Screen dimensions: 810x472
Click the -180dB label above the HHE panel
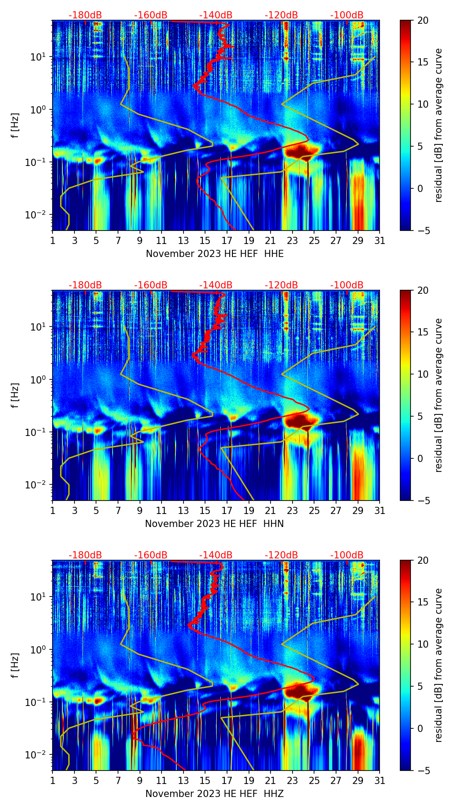[85, 15]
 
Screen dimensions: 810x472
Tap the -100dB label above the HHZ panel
[347, 555]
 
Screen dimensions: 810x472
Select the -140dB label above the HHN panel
[216, 285]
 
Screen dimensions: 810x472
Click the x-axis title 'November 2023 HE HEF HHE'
[214, 254]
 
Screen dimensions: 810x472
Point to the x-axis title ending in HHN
[214, 524]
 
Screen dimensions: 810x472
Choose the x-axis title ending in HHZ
[214, 794]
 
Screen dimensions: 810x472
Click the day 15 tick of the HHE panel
[205, 240]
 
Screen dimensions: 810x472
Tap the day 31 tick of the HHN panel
[380, 510]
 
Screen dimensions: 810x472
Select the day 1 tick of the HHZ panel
[52, 780]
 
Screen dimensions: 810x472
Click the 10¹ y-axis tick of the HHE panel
[37, 57]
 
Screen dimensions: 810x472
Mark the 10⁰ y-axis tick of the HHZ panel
[37, 650]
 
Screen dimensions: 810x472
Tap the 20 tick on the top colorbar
[423, 21]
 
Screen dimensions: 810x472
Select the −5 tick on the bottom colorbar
[423, 770]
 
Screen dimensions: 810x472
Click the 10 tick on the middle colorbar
[423, 374]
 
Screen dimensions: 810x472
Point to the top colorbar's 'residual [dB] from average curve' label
[438, 125]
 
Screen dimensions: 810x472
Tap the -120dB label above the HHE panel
[281, 15]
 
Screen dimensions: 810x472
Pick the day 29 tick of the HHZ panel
[358, 780]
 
